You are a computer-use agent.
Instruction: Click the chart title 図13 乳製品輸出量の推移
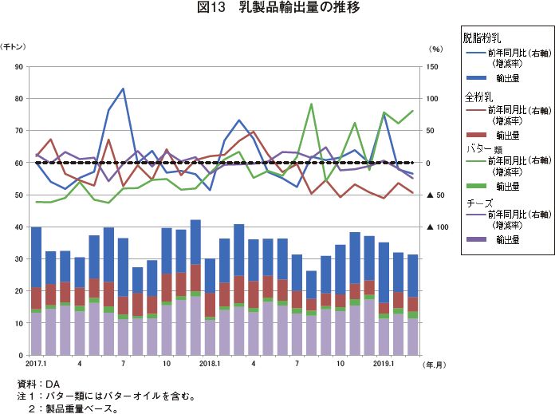tap(277, 9)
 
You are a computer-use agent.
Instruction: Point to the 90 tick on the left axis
tap(18, 66)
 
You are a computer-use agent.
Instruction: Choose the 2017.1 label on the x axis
tap(37, 364)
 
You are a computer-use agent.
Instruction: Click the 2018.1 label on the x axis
tap(210, 364)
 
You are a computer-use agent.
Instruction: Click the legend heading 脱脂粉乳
tap(482, 37)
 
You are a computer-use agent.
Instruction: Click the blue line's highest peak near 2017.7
tap(123, 89)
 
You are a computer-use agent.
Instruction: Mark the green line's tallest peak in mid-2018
tap(310, 104)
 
